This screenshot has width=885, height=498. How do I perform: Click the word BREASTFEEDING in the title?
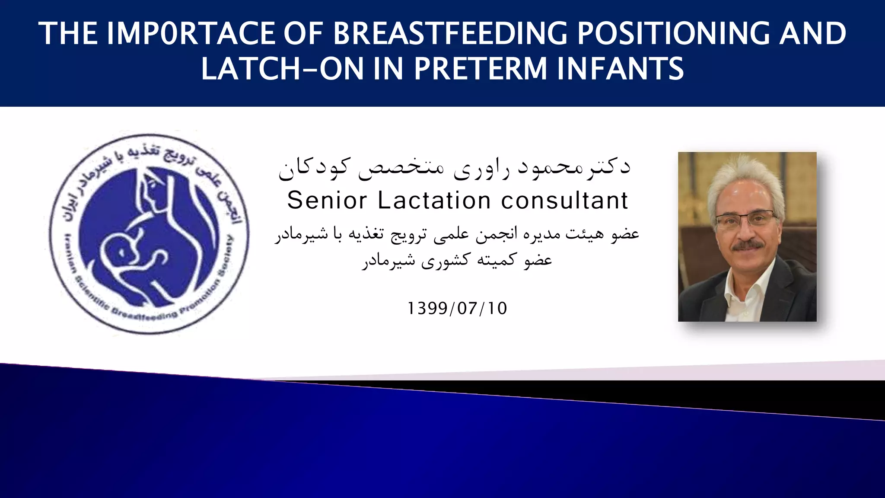449,34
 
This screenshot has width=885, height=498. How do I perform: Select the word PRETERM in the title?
481,69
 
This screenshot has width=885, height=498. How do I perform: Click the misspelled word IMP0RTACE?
191,34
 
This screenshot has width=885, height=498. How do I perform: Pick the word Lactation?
434,200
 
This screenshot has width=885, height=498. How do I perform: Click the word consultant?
565,200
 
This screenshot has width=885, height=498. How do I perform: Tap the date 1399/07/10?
457,308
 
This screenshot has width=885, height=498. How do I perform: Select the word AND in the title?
812,34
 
